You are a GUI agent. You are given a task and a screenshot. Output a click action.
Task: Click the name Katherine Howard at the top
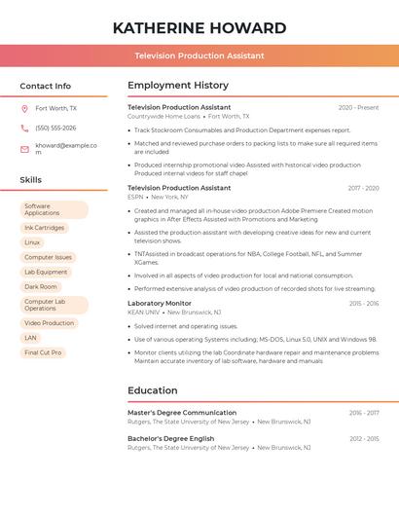pyautogui.click(x=199, y=26)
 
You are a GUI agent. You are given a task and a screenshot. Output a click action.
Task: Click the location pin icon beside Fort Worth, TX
pyautogui.click(x=24, y=109)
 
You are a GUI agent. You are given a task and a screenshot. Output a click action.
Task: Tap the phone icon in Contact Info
pyautogui.click(x=24, y=128)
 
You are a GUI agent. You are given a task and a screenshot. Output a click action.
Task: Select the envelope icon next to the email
pyautogui.click(x=24, y=149)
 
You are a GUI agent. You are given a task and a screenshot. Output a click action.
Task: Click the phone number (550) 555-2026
pyautogui.click(x=55, y=128)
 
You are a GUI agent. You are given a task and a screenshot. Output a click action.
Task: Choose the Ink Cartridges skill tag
pyautogui.click(x=44, y=228)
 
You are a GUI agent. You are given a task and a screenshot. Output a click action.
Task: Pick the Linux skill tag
pyautogui.click(x=33, y=242)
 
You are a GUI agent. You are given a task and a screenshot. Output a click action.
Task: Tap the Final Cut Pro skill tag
pyautogui.click(x=43, y=352)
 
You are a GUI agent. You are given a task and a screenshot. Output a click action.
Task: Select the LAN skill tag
pyautogui.click(x=31, y=338)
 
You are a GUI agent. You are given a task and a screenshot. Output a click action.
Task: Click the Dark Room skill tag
pyautogui.click(x=41, y=287)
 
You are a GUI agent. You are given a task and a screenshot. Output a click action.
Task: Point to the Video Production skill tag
pyautogui.click(x=49, y=323)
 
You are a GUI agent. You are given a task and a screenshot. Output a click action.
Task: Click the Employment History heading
pyautogui.click(x=178, y=86)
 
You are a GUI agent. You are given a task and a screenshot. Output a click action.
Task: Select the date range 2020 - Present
pyautogui.click(x=358, y=108)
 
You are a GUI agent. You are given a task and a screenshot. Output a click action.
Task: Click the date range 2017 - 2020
pyautogui.click(x=363, y=188)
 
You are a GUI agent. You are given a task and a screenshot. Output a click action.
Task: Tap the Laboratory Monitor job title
pyautogui.click(x=160, y=304)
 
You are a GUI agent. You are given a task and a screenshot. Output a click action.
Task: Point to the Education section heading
pyautogui.click(x=153, y=390)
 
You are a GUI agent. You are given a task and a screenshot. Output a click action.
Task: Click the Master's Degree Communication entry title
pyautogui.click(x=182, y=413)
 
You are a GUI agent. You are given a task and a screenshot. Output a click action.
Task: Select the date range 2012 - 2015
pyautogui.click(x=364, y=439)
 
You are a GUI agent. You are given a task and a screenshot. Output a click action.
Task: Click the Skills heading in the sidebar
pyautogui.click(x=31, y=180)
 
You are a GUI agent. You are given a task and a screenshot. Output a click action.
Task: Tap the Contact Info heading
pyautogui.click(x=46, y=86)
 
